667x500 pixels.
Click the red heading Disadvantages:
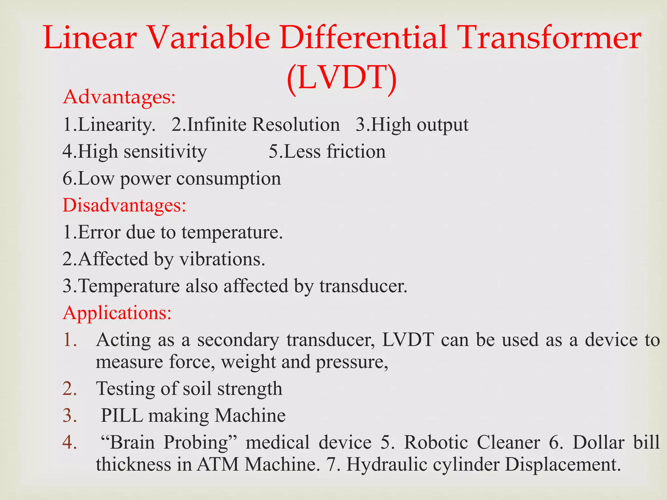[x=124, y=205]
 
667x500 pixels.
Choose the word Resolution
[x=296, y=124]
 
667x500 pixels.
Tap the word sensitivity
[x=165, y=152]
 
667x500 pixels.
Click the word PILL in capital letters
[x=122, y=416]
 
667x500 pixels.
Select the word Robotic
[x=436, y=443]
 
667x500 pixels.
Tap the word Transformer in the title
[x=550, y=38]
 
